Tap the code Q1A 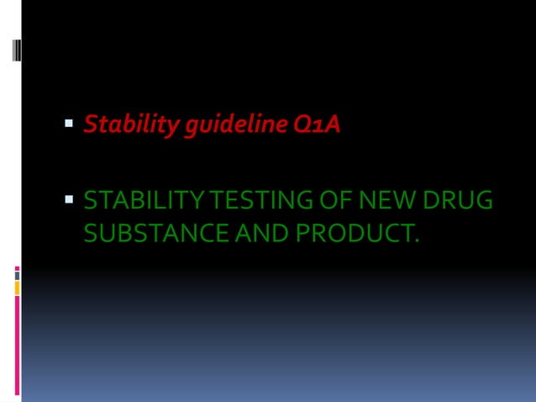coord(317,125)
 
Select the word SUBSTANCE coord(142,231)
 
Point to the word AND coord(247,231)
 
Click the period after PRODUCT coord(414,239)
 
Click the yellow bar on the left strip coord(17,288)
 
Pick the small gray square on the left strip coord(17,275)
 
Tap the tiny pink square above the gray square coord(17,268)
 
